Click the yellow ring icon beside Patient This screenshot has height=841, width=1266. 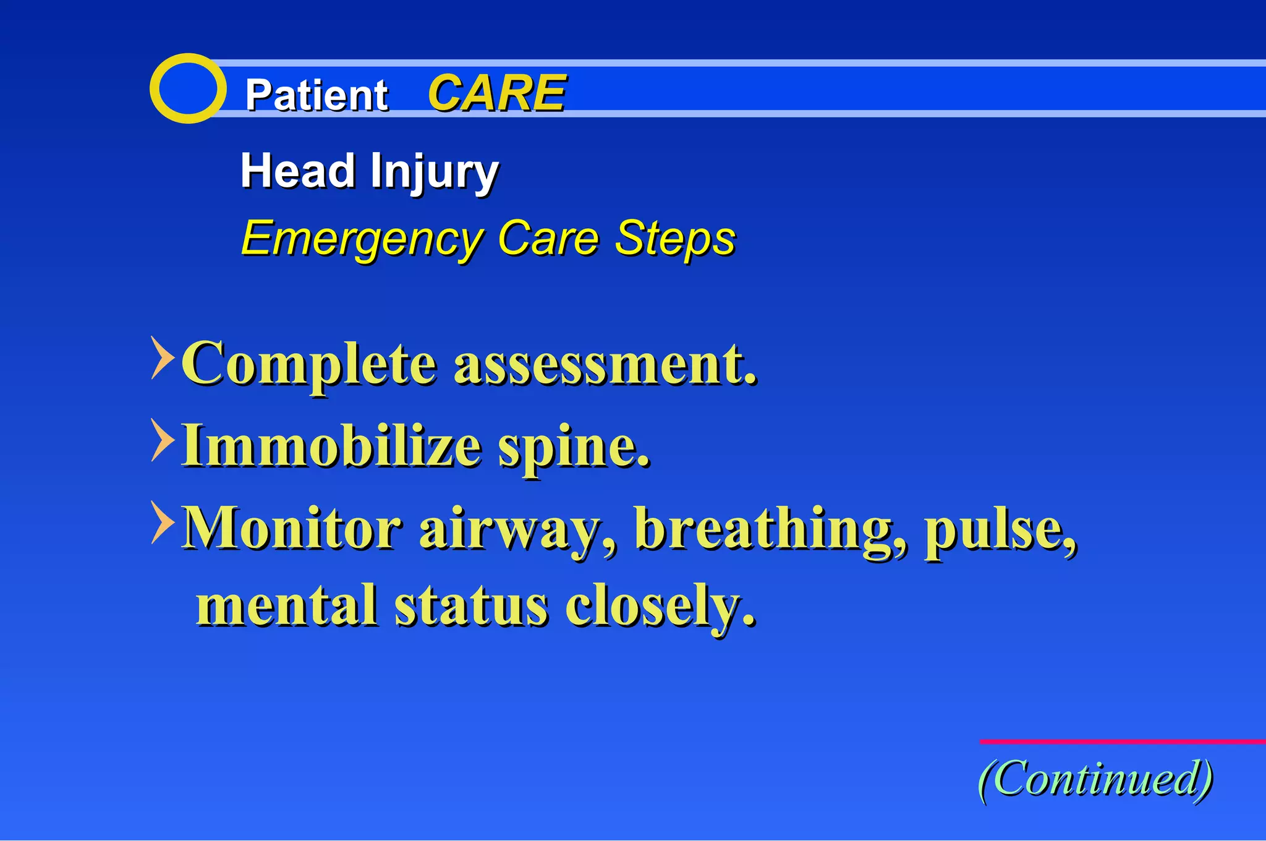(x=187, y=88)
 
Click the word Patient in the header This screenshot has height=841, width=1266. (x=316, y=95)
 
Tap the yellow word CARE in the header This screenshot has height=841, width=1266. (x=496, y=93)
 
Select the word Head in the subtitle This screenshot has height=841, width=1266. (x=297, y=171)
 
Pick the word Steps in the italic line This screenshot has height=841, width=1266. (x=675, y=237)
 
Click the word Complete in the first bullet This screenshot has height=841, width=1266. (x=309, y=364)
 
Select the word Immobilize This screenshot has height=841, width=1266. (x=331, y=446)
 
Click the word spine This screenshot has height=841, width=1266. (x=574, y=448)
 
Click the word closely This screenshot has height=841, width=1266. (x=660, y=606)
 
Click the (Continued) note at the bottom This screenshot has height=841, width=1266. (x=1095, y=779)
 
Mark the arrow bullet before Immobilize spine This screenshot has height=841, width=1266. (x=162, y=440)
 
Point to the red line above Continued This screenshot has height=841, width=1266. (x=1122, y=741)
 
